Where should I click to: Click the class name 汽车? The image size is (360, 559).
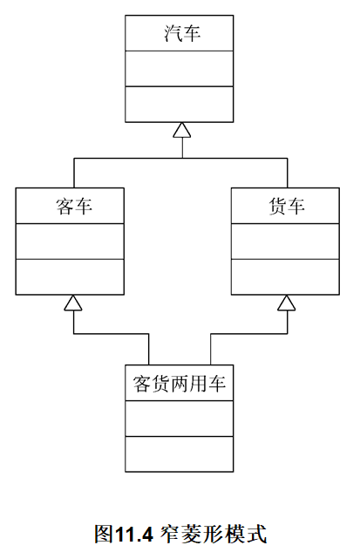[180, 34]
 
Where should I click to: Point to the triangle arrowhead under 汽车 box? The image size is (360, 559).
[180, 130]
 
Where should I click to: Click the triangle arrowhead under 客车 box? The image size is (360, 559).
[74, 303]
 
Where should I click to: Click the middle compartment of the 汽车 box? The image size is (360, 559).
[180, 69]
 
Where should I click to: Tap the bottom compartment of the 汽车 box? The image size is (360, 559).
[180, 104]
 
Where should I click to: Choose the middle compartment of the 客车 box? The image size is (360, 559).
[70, 242]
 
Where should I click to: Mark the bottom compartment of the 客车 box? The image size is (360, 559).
[70, 276]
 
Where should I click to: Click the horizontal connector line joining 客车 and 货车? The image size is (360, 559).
[180, 159]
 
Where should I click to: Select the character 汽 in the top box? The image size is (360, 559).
[171, 34]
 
